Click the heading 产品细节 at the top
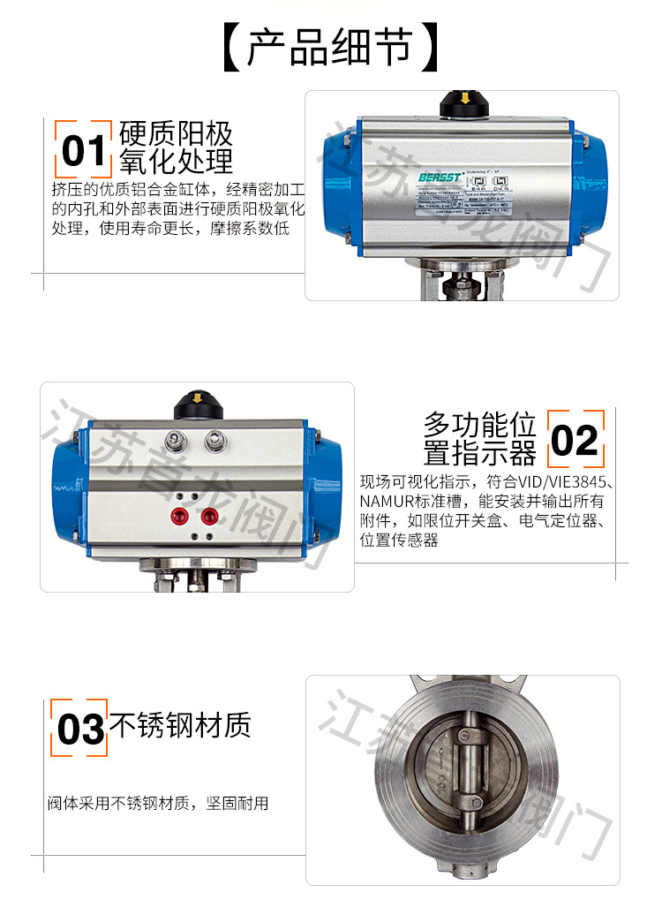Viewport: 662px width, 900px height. tap(330, 49)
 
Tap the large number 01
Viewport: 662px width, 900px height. tap(83, 151)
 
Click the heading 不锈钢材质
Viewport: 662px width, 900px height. tap(180, 725)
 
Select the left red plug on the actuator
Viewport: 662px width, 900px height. tap(180, 516)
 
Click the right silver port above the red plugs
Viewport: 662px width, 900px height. tap(214, 439)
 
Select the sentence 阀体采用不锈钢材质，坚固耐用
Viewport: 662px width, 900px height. tap(158, 804)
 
